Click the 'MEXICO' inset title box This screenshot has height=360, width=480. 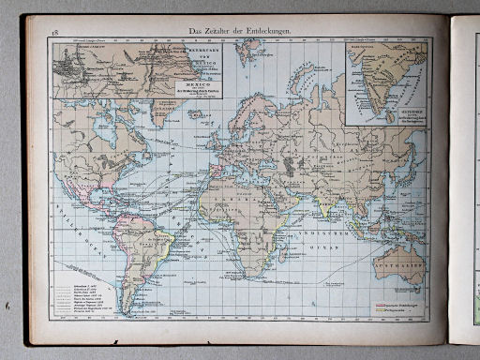pyautogui.click(x=199, y=86)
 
